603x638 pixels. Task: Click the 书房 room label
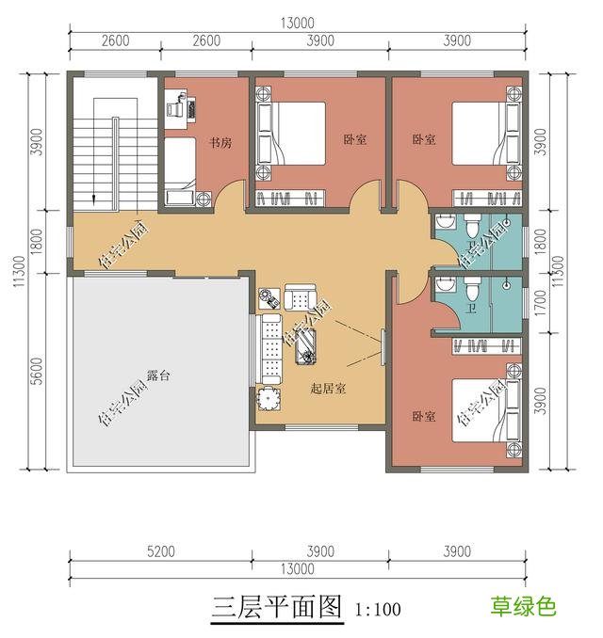point(220,144)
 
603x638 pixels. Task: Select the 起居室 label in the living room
point(328,388)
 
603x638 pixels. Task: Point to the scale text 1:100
point(378,610)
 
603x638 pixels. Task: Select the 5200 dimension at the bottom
point(160,551)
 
